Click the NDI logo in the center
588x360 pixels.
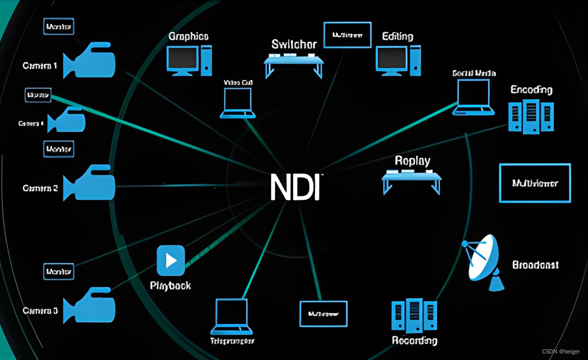coord(295,187)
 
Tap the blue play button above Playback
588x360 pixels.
coord(171,260)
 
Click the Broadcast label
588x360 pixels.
coord(535,265)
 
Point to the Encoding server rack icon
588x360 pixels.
coord(531,116)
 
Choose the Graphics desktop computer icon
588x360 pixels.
coord(189,60)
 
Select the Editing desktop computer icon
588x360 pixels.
coord(398,60)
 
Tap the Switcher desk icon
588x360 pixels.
coord(294,61)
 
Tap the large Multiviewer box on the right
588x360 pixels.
coord(535,183)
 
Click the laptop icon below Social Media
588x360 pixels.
coord(473,97)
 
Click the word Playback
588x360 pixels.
coord(170,286)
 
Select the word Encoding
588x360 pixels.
coord(531,90)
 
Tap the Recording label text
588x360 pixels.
coord(414,341)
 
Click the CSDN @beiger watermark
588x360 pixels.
coord(560,351)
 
